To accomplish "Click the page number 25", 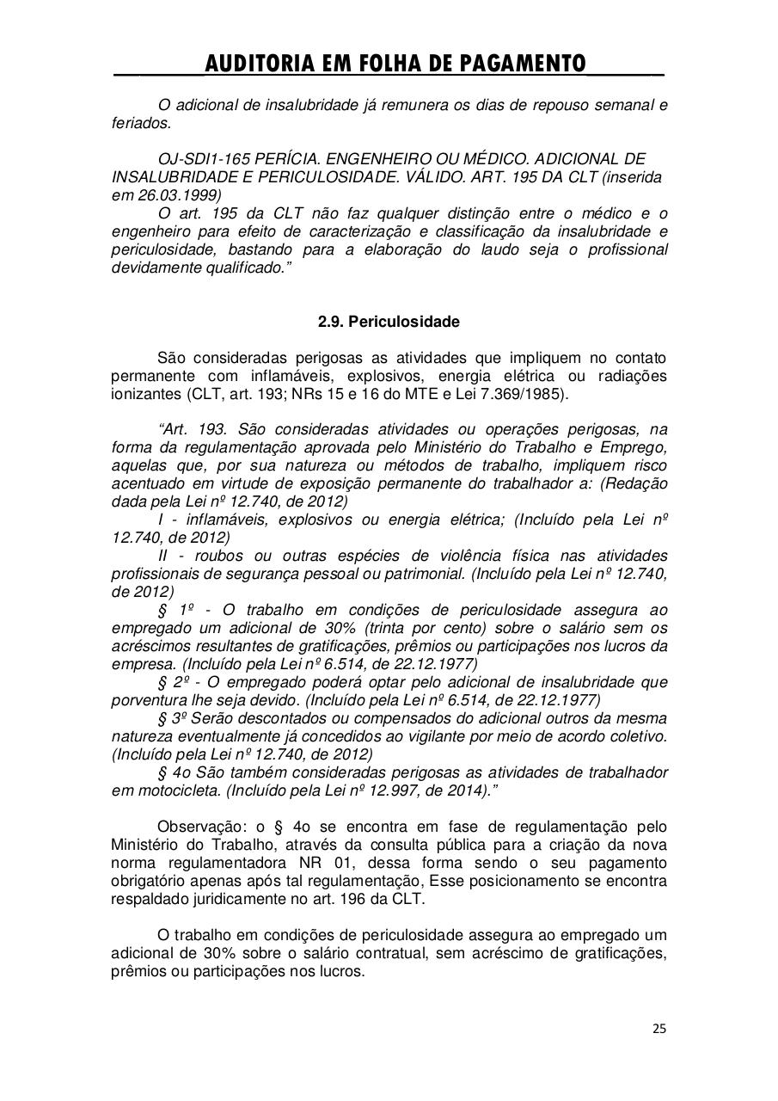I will tap(659, 1028).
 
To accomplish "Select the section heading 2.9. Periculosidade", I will tap(389, 322).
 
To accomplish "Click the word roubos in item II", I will tap(212, 556).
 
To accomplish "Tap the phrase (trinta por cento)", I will tap(442, 628).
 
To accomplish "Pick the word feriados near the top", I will tap(142, 123).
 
